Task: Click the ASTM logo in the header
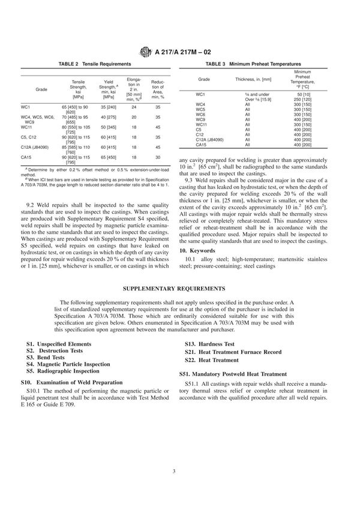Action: (146, 50)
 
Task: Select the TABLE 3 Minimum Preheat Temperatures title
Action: (253, 64)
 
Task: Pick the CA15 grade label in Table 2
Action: (26, 157)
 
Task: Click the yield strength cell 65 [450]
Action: (109, 157)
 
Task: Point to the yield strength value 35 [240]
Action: (109, 106)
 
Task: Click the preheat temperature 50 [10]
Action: (311, 95)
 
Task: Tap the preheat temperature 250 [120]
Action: (311, 100)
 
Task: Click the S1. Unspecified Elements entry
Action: (58, 344)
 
